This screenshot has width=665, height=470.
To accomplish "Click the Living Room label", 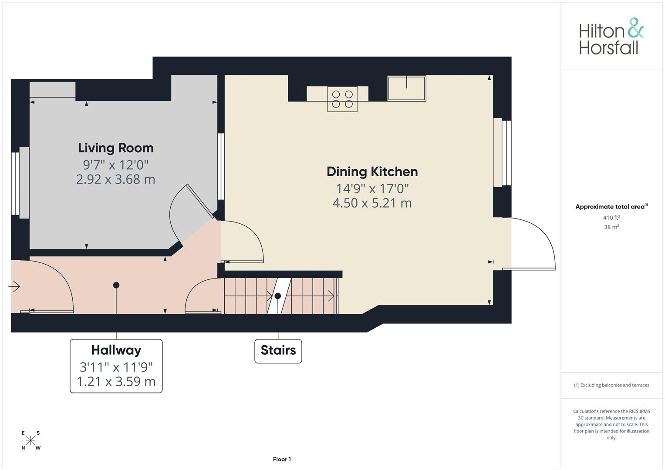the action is [116, 148].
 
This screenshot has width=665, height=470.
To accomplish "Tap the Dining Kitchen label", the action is [372, 172].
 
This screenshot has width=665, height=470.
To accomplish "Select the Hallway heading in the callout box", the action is [116, 350].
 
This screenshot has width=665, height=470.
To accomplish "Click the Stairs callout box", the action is [278, 351].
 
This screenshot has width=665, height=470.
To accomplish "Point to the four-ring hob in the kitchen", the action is [342, 99].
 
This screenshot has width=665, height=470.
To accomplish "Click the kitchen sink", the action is [407, 88].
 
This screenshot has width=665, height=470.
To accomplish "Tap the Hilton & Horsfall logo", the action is [611, 37].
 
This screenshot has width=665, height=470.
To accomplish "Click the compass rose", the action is [30, 440].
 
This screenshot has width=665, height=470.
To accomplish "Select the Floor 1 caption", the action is [282, 459].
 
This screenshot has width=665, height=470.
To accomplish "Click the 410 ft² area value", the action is [611, 218].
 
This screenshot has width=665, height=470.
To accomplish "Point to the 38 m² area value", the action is [611, 227].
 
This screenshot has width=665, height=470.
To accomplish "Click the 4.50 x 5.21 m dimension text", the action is [372, 203].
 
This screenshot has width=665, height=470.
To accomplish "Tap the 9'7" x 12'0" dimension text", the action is [116, 165].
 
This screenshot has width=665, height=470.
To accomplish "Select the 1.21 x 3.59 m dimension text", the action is [116, 382].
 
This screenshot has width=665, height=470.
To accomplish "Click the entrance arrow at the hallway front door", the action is [14, 286].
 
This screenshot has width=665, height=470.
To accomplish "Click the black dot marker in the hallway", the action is [116, 285].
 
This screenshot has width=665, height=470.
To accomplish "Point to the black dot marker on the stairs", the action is [277, 296].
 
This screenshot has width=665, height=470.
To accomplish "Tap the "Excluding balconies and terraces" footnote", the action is [611, 385].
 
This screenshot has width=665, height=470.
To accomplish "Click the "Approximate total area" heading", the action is [611, 207].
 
